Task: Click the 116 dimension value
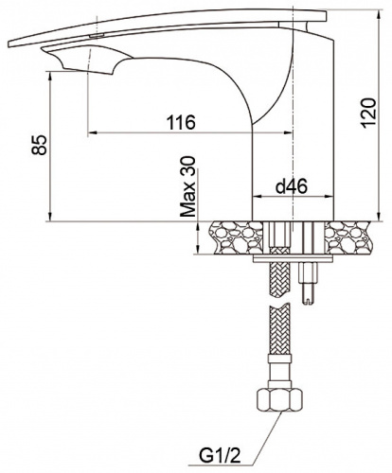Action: coord(181,122)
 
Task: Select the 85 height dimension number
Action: coord(39,145)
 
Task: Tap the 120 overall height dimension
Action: coord(368,114)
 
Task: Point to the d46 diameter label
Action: coord(291,186)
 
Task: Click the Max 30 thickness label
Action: coord(188,187)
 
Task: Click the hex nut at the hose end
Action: coord(279,400)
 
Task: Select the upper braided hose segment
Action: coord(278,272)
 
